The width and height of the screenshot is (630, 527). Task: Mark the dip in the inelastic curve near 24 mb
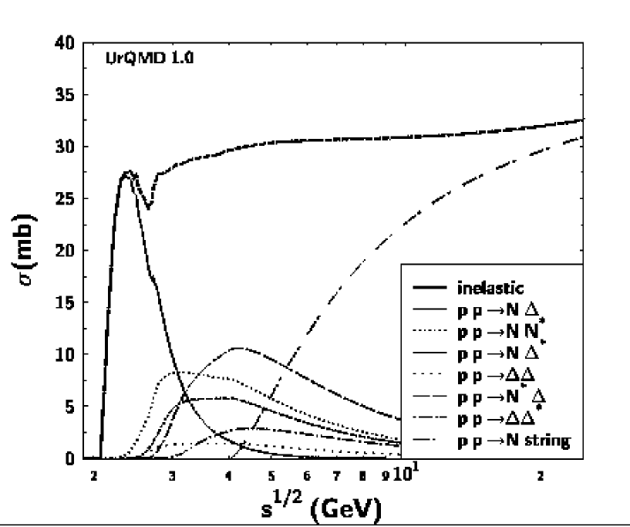click(149, 207)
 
